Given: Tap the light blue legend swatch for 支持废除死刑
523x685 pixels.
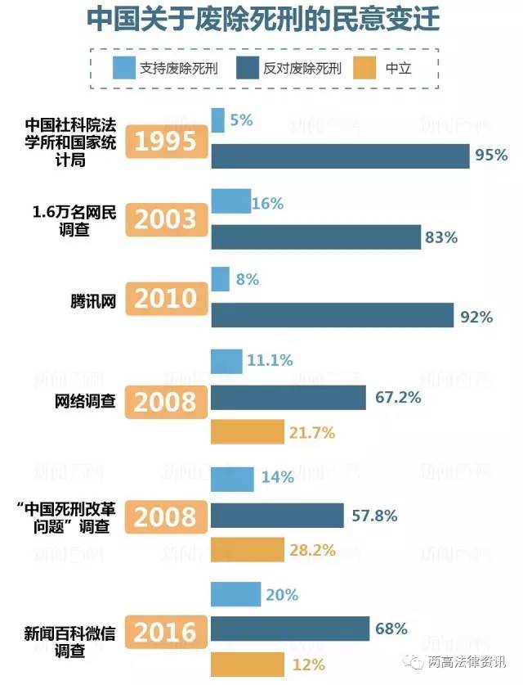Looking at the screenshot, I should pos(123,68).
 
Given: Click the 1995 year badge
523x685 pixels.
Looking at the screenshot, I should pos(166,141).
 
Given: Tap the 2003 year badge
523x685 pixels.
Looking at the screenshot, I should pos(166,220).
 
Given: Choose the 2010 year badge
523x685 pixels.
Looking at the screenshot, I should pos(166,299).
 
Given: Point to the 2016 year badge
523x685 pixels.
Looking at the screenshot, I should pos(166,631).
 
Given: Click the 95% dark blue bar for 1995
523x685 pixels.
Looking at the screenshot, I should pos(340,156).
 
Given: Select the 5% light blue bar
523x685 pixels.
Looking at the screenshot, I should pos(218,120).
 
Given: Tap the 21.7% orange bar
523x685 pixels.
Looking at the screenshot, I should pos(248,433).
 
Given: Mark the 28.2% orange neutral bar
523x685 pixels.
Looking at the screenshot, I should pos(248,550).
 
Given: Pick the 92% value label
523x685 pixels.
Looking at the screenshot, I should pos(476,317).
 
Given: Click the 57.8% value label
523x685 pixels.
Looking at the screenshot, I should pos(374,516).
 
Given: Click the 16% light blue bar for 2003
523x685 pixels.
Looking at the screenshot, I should pos(231,201).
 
